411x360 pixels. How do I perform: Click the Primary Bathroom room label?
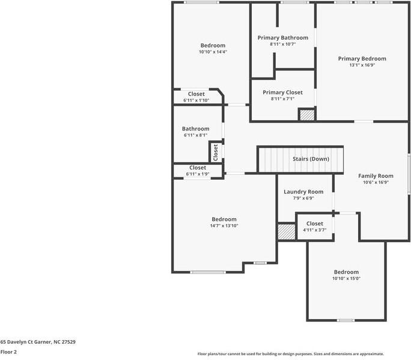click(x=282, y=38)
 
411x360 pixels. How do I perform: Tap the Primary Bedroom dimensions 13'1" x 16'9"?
click(x=362, y=65)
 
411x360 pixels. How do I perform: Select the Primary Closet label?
click(x=282, y=93)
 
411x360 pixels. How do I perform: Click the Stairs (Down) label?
click(x=311, y=159)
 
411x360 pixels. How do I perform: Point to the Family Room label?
click(x=376, y=176)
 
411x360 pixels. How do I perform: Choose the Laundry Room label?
click(x=303, y=192)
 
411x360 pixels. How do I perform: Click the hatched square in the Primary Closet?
click(x=307, y=115)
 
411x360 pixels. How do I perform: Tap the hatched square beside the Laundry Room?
click(x=286, y=233)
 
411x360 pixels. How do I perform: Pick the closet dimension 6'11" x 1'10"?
click(x=196, y=100)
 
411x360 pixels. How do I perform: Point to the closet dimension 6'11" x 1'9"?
click(x=198, y=174)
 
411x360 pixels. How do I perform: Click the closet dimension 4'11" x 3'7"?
click(x=314, y=230)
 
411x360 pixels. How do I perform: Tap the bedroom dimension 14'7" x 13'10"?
click(x=224, y=226)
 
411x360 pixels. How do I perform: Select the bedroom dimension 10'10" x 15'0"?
click(x=346, y=278)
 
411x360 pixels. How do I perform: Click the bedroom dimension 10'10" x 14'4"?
click(x=213, y=52)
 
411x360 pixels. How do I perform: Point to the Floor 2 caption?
click(x=8, y=352)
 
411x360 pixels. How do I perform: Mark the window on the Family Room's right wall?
click(x=409, y=174)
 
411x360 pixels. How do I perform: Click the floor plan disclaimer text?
click(x=291, y=354)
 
